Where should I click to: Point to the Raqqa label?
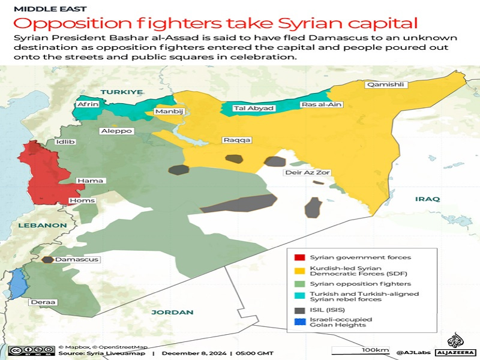pos(236,140)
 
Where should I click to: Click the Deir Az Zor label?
pos(307,173)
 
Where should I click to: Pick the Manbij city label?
pos(169,112)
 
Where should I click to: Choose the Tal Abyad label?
pos(253,109)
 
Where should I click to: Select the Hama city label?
pos(91,181)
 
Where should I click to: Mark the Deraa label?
pos(42,302)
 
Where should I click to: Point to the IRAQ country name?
pos(427,199)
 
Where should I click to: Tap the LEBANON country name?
pos(42,225)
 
